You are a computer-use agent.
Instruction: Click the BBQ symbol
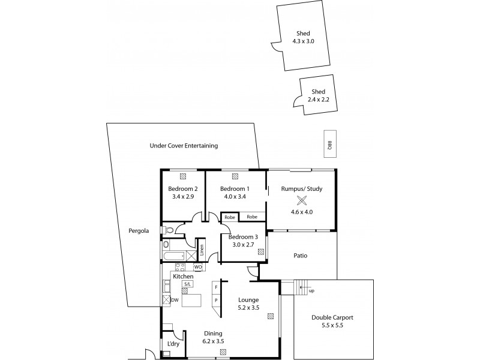pyautogui.click(x=329, y=144)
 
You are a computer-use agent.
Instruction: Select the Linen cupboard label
pyautogui.click(x=202, y=250)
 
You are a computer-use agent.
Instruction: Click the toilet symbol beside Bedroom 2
pyautogui.click(x=169, y=229)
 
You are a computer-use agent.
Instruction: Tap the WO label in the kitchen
pyautogui.click(x=197, y=266)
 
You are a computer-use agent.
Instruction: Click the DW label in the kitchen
pyautogui.click(x=175, y=299)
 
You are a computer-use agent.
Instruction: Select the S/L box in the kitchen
pyautogui.click(x=188, y=284)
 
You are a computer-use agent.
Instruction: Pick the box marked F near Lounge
pyautogui.click(x=216, y=287)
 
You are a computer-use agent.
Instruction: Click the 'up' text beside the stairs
pyautogui.click(x=311, y=291)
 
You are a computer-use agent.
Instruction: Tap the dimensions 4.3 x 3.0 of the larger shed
pyautogui.click(x=303, y=41)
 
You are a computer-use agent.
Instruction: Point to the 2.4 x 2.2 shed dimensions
pyautogui.click(x=318, y=99)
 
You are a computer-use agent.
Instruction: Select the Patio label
pyautogui.click(x=300, y=256)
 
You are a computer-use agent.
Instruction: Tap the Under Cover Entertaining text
pyautogui.click(x=183, y=146)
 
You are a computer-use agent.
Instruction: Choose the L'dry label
pyautogui.click(x=173, y=343)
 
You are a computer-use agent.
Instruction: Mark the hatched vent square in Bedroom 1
pyautogui.click(x=235, y=176)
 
